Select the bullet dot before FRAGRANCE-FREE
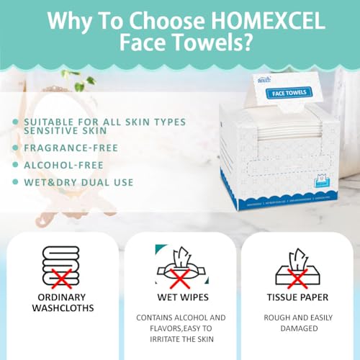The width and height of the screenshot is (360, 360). [x=14, y=148]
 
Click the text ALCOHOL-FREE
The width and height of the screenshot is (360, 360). [x=65, y=165]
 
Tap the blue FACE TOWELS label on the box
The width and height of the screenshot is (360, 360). [x=288, y=92]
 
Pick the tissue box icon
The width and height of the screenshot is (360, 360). [x=297, y=266]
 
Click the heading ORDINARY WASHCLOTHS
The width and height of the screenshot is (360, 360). [x=60, y=304]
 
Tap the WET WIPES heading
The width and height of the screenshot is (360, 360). [x=178, y=297]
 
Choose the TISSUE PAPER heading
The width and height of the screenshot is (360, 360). [x=297, y=297]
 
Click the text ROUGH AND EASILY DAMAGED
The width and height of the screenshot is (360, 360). [x=297, y=322]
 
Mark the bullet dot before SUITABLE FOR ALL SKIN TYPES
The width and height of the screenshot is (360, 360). [x=14, y=122]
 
